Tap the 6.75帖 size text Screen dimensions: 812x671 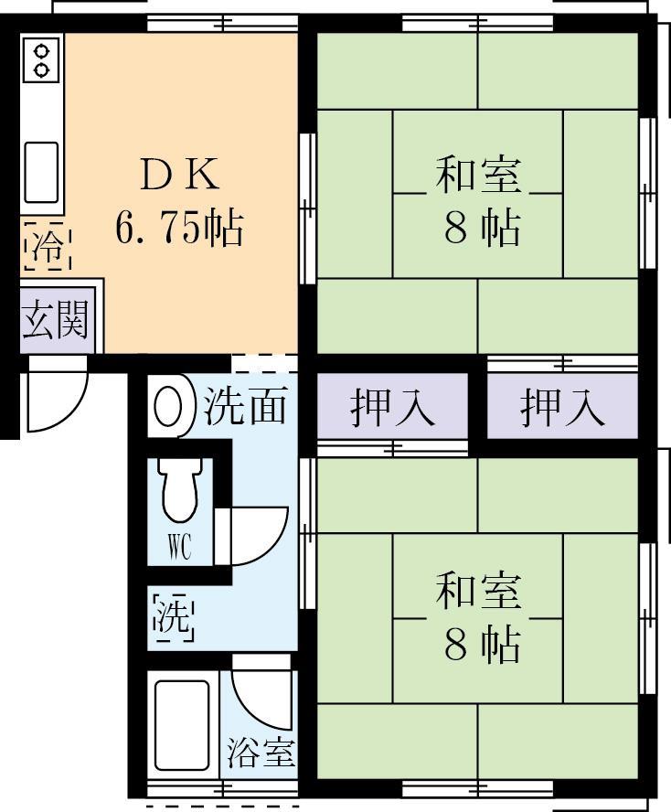[x=179, y=227]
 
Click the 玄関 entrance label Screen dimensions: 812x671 [x=56, y=321]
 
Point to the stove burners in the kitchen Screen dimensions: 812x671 [x=41, y=59]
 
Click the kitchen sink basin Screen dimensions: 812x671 [x=41, y=171]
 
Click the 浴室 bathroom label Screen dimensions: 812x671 [x=261, y=753]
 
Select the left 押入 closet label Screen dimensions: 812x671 [x=392, y=407]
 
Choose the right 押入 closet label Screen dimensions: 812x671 [x=562, y=407]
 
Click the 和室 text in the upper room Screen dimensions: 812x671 [x=477, y=175]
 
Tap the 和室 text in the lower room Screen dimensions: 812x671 [x=477, y=592]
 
